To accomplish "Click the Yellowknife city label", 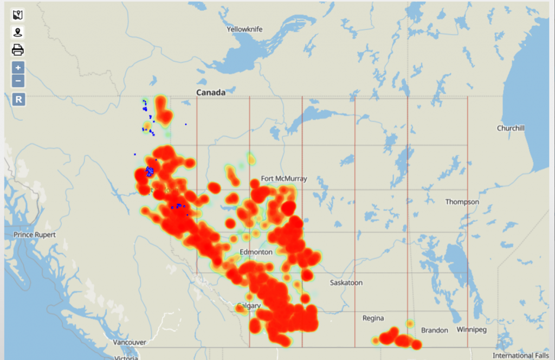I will pos(244,29).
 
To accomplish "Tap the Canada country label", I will pos(210,93).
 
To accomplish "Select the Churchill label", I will pos(511,128).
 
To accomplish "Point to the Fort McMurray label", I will pos(284,178).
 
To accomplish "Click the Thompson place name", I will pos(462,202).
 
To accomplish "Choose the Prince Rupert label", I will pos(34,235).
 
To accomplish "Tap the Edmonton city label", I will pos(256,253).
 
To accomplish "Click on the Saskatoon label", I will pos(346,283).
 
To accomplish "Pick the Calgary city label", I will pos(249,306).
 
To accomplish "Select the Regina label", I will pos(373,318).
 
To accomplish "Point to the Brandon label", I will pos(434,330).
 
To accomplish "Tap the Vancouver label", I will pos(130,343).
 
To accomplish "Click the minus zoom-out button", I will pos(18,81).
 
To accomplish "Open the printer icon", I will pos(18,50).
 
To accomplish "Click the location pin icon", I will pos(18,33).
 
